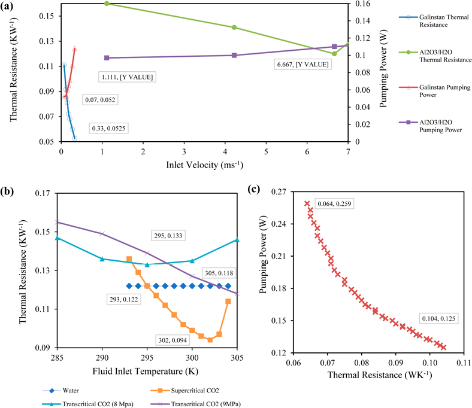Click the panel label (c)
(253, 191)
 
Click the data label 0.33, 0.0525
(108, 128)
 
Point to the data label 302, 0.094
(174, 339)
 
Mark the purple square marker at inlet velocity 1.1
(107, 57)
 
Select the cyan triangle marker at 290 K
(102, 259)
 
